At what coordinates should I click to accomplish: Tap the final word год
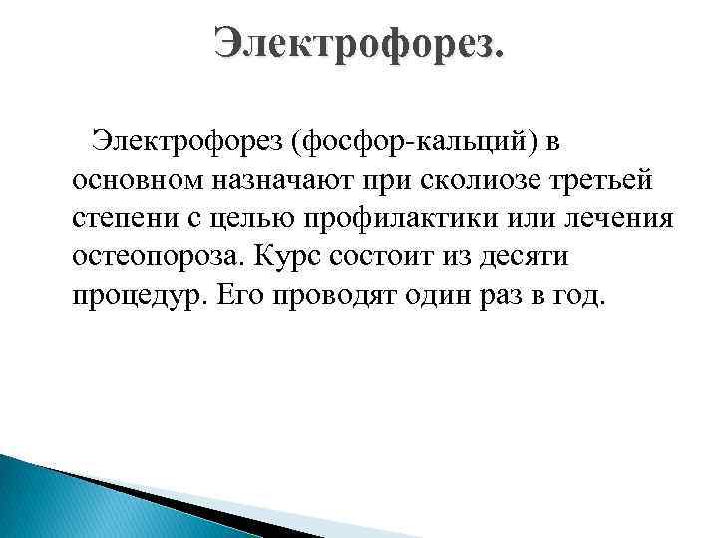click(579, 296)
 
